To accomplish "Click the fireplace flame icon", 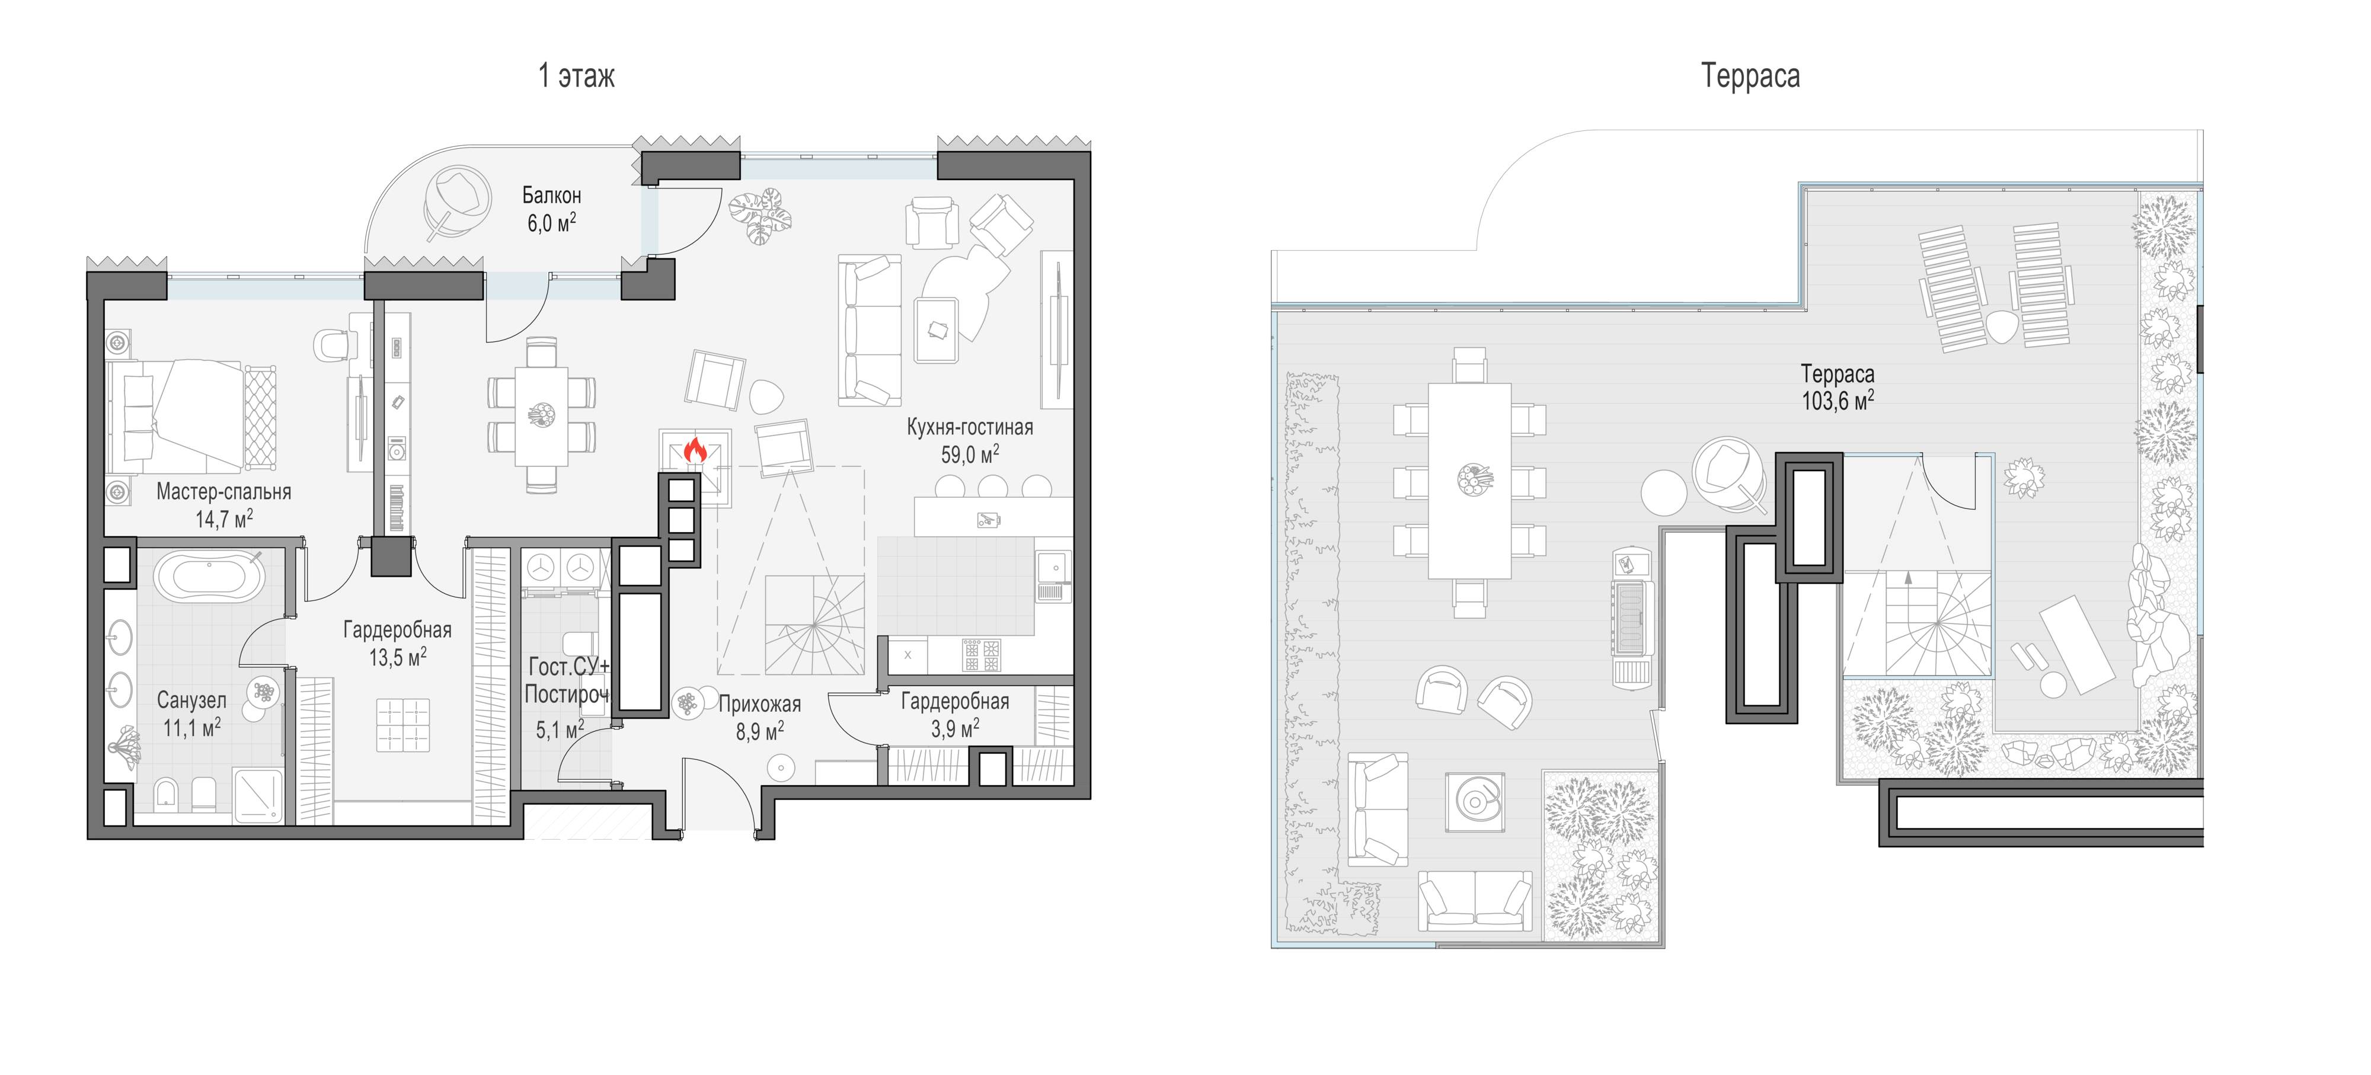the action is click(695, 451).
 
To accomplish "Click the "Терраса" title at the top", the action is click(1750, 75).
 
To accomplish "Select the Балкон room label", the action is click(551, 195).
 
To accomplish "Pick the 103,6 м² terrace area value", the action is click(1837, 401).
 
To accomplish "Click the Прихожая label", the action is click(759, 704).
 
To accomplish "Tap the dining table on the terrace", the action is click(1469, 481).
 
